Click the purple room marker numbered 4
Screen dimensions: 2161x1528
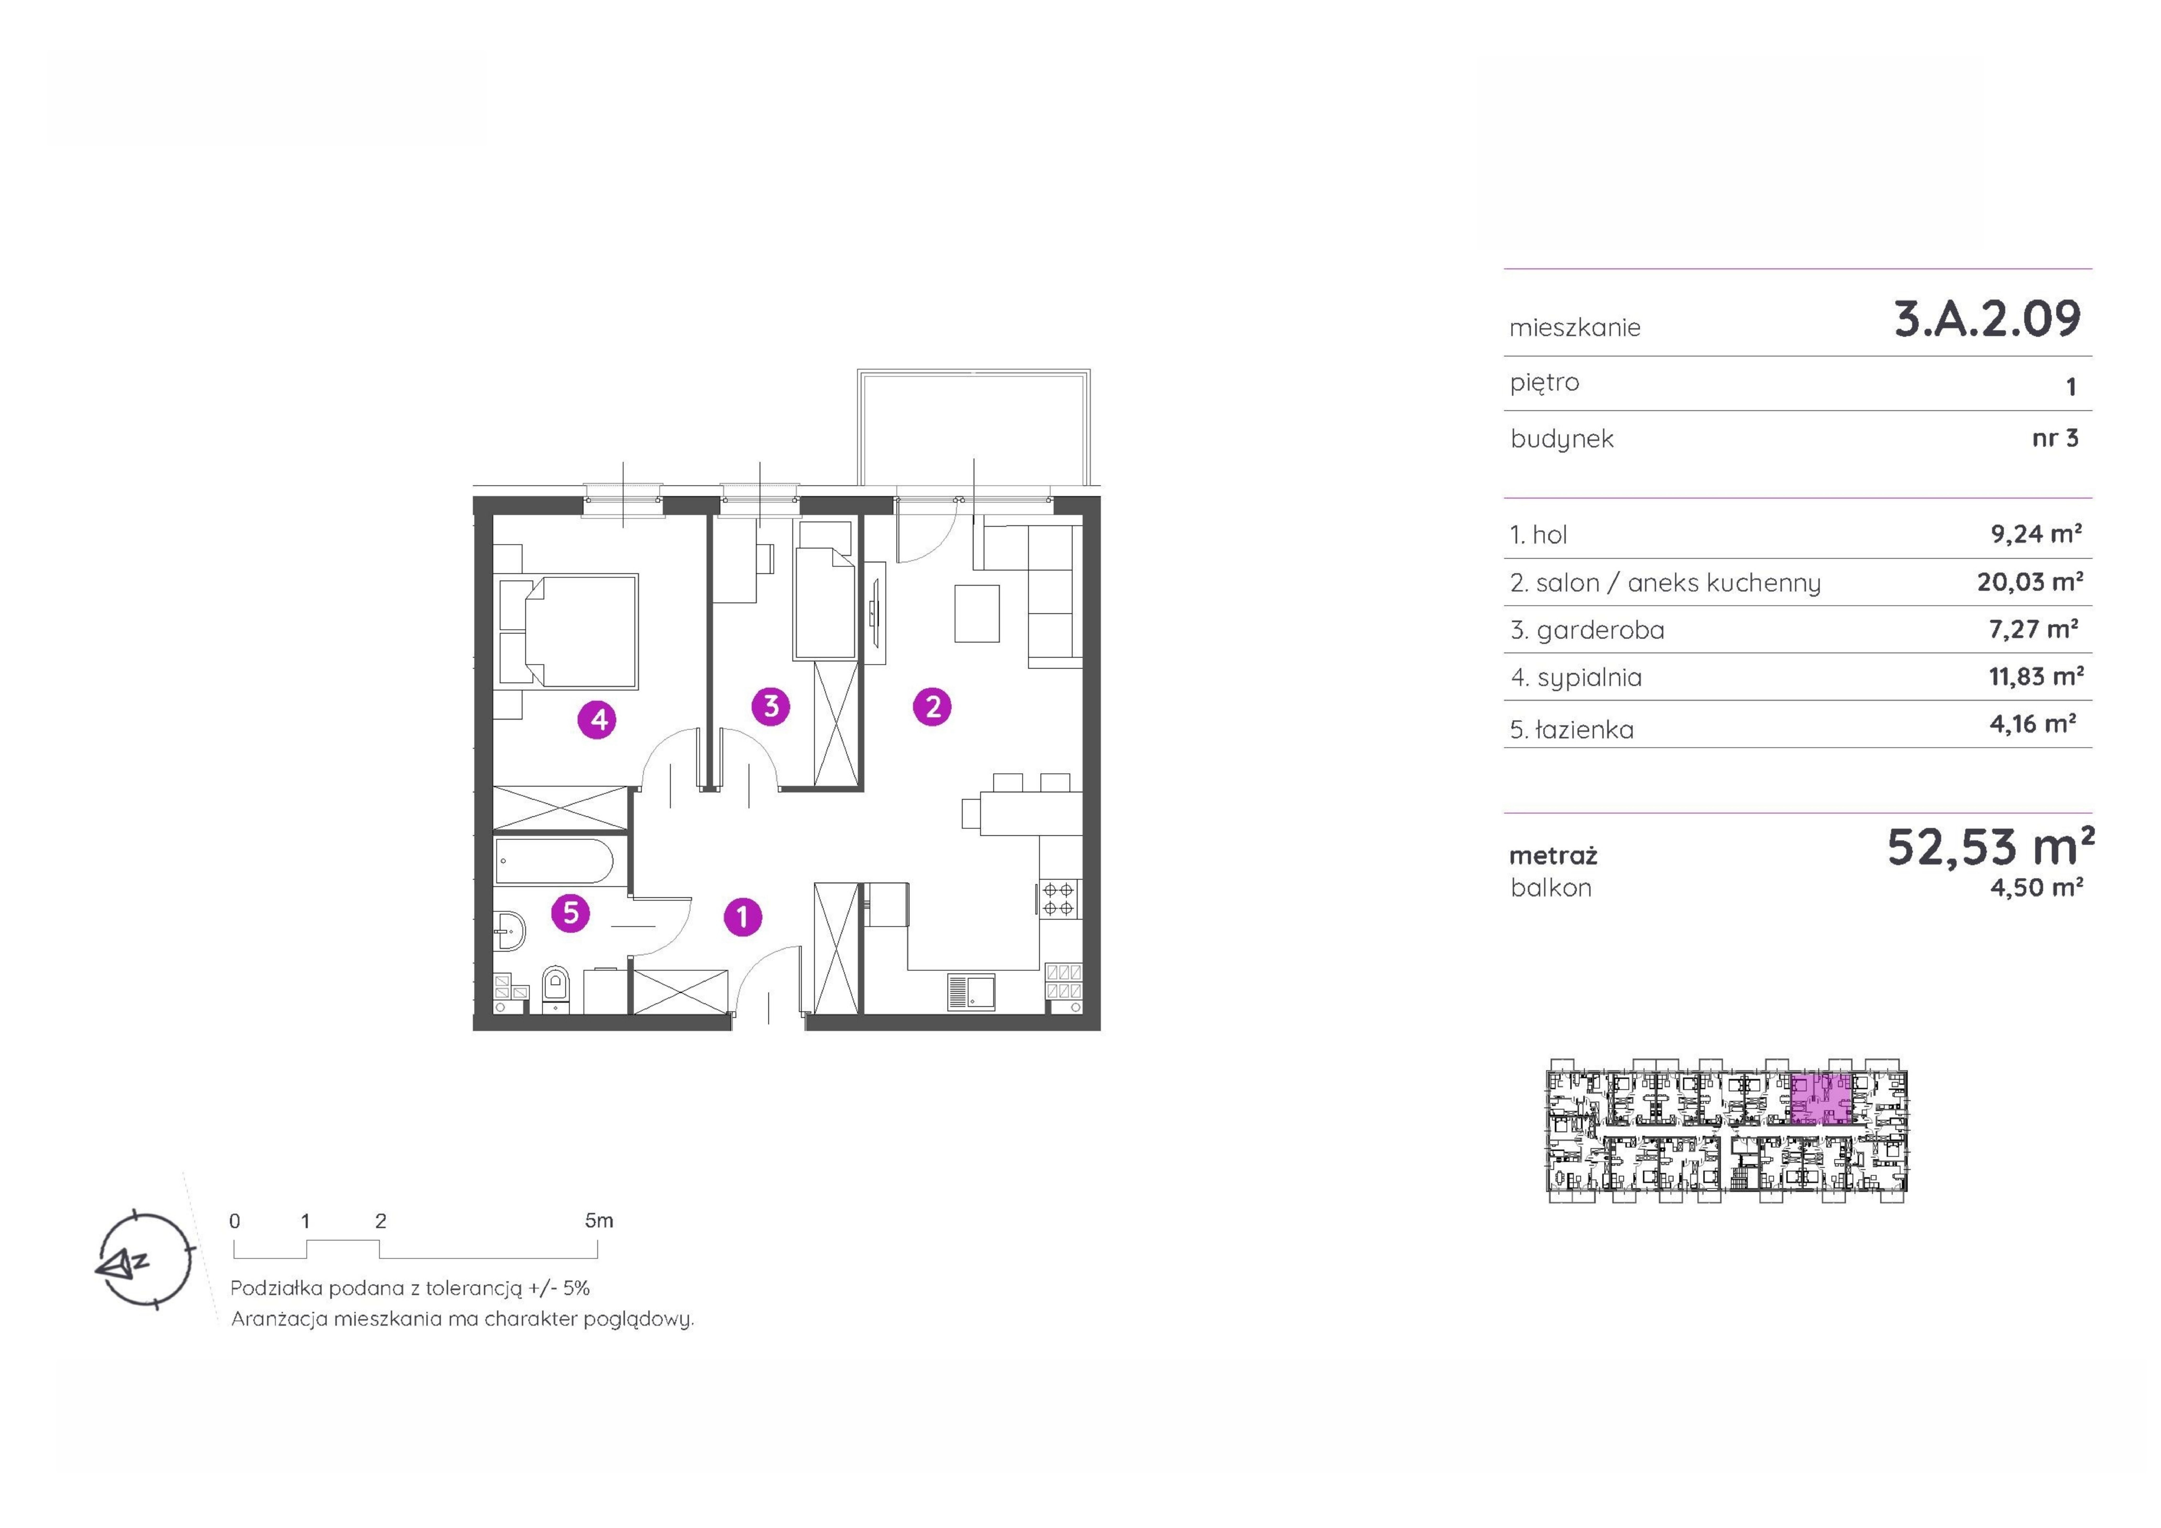click(598, 720)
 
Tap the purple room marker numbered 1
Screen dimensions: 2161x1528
click(743, 916)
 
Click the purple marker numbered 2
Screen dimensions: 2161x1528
click(933, 706)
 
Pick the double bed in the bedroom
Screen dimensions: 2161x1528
click(568, 631)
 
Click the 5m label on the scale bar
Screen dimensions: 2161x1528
click(599, 1220)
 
